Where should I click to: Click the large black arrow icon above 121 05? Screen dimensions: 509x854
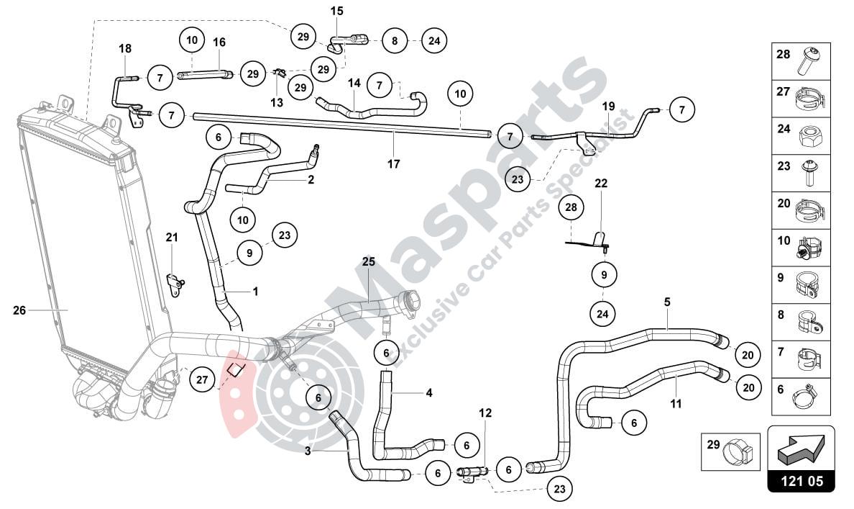point(801,449)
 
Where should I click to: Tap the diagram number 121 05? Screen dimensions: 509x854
point(801,482)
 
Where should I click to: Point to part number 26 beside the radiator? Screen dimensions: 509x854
point(19,310)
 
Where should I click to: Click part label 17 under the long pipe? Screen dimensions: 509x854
point(393,164)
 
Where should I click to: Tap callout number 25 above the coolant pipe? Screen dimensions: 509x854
point(368,262)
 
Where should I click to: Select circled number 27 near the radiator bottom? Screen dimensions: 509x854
point(202,380)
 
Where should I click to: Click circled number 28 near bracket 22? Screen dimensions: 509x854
point(571,207)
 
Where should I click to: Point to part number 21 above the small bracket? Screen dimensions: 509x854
point(172,238)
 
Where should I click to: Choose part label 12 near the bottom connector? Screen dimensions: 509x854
point(486,413)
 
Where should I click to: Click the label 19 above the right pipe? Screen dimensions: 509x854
point(609,107)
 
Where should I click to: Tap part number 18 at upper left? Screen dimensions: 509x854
point(125,48)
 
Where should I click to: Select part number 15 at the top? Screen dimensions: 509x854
point(337,11)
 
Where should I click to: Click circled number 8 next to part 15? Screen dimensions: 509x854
point(394,41)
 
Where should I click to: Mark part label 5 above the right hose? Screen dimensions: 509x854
point(667,302)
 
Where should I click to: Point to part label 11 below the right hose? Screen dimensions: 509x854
point(676,404)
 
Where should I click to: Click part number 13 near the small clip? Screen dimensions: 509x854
point(277,102)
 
